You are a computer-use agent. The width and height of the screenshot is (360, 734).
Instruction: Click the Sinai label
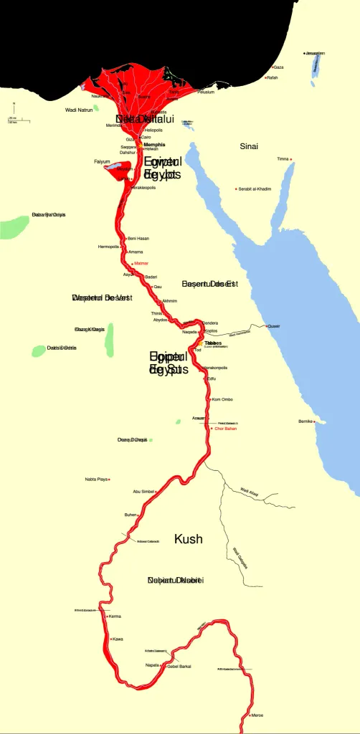point(249,146)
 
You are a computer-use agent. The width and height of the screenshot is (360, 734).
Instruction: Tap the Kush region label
point(189,539)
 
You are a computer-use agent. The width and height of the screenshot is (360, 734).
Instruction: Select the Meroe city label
point(257,715)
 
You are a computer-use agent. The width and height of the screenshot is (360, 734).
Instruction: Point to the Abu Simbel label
point(143,492)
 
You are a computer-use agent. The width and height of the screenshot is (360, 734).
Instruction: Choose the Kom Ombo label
point(222,399)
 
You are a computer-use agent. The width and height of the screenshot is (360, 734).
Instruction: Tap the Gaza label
point(279,67)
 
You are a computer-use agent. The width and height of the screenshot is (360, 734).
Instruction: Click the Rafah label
point(272,77)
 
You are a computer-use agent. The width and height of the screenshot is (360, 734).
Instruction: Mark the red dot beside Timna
point(290,159)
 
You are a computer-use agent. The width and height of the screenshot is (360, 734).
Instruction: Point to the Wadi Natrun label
point(79,110)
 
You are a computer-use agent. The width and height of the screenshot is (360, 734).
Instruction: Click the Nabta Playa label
point(95,479)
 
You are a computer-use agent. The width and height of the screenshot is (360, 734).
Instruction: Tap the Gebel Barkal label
point(179,666)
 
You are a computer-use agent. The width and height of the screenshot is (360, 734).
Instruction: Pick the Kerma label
point(115,616)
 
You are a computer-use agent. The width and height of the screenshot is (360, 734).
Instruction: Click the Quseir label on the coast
point(274,326)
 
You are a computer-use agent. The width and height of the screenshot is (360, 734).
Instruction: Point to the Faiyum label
point(102,162)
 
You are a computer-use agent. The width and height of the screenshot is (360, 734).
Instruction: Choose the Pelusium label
point(206,92)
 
